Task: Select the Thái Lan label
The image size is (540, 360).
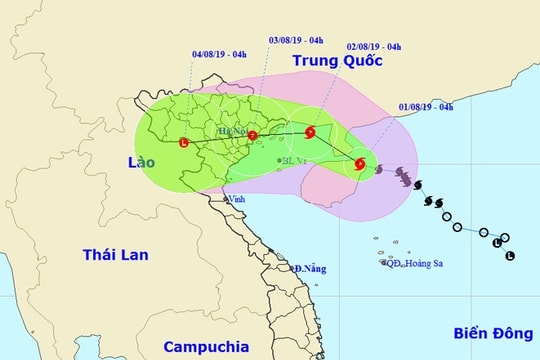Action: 115,255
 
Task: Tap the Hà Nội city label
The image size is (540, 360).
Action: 233,130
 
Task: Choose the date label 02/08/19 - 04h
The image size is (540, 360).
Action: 373,46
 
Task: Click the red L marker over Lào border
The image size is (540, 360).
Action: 183,142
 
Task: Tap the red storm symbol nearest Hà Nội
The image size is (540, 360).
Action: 252,135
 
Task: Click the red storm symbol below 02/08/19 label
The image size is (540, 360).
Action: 310,131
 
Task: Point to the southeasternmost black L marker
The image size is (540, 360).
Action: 510,257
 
